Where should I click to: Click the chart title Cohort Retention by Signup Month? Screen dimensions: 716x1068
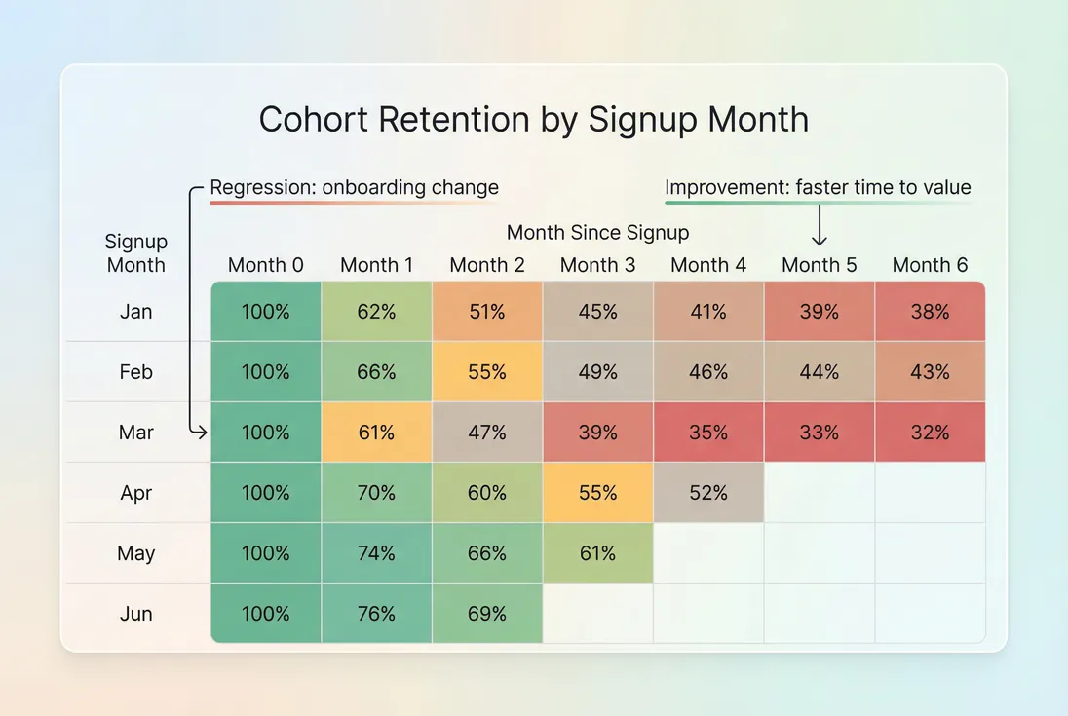pos(533,119)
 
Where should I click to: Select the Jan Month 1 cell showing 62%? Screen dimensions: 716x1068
pos(376,312)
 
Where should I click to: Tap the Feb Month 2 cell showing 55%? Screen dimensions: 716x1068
pos(487,372)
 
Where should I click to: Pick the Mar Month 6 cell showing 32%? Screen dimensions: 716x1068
pos(930,433)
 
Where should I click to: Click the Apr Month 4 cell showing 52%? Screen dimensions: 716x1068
pos(708,493)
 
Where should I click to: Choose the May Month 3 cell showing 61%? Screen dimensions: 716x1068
pos(597,553)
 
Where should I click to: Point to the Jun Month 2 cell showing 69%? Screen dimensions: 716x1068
pos(487,614)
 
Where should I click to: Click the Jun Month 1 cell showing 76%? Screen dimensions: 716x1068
pos(376,614)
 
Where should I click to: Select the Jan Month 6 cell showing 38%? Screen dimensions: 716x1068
pos(930,312)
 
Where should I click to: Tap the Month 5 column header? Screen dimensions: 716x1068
pos(819,265)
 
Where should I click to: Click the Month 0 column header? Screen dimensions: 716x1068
pos(266,265)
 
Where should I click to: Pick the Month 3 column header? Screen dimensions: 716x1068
pos(597,265)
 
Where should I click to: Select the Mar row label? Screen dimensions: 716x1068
pos(136,433)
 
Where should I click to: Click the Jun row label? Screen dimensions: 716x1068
pos(136,614)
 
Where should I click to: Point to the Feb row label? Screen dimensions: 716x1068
pos(136,372)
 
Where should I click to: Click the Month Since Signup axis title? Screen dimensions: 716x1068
pos(597,233)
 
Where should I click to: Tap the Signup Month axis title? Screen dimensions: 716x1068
pos(136,253)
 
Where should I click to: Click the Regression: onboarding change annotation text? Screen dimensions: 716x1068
pos(355,187)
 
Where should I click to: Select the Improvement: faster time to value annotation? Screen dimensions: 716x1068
pos(818,187)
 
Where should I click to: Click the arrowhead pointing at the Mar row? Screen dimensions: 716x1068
pos(204,433)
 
